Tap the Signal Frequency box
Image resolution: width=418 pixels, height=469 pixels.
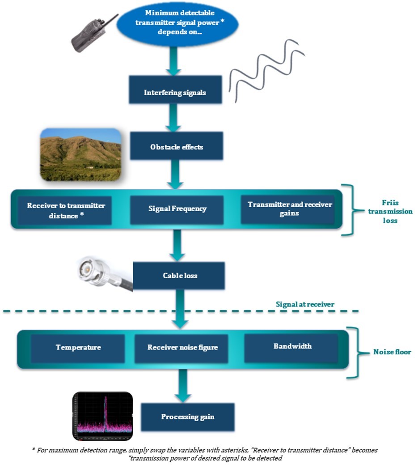coord(177,209)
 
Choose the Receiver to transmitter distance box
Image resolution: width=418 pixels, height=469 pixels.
coord(66,210)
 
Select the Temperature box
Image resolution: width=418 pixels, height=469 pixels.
coord(78,347)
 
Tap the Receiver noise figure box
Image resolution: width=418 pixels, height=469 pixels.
coord(182,348)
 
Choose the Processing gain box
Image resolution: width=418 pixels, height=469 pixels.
coord(187,417)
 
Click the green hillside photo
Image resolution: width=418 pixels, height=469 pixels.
coord(80,155)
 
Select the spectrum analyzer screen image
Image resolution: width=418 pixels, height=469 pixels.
coord(103,416)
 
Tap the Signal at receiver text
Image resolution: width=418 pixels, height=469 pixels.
coord(305,304)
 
